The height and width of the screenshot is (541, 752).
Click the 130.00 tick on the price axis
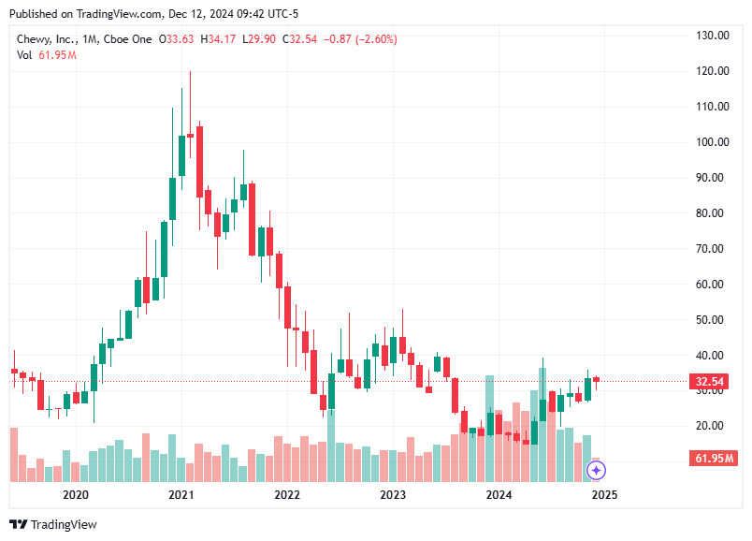pyautogui.click(x=712, y=36)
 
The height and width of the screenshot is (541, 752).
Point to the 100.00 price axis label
pyautogui.click(x=712, y=142)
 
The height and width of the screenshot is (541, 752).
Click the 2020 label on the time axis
pyautogui.click(x=75, y=494)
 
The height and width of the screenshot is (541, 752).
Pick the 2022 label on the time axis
pyautogui.click(x=286, y=494)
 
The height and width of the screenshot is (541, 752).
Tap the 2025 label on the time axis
pyautogui.click(x=604, y=494)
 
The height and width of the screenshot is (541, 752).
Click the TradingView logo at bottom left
pyautogui.click(x=53, y=525)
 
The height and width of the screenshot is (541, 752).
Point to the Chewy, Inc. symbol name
pyautogui.click(x=47, y=39)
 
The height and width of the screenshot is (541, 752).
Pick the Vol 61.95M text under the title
pyautogui.click(x=47, y=55)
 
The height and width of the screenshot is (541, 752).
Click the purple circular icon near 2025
pyautogui.click(x=598, y=470)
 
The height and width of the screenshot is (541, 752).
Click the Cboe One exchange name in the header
pyautogui.click(x=127, y=39)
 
